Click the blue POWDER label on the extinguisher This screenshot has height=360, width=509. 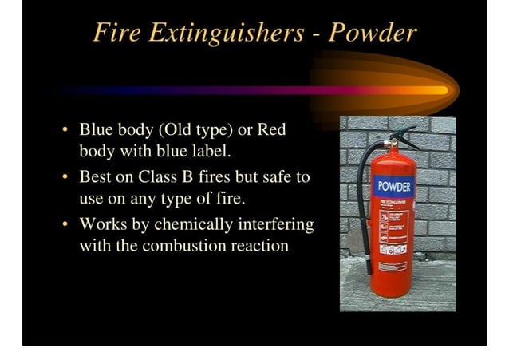point(394,188)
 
